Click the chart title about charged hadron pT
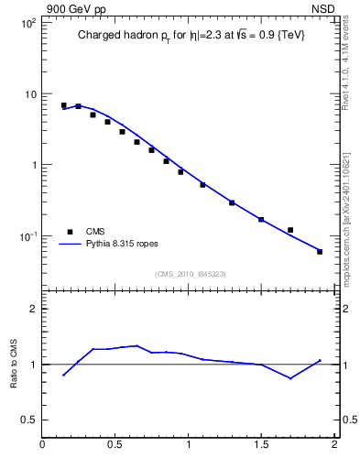(191, 35)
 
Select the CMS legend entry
(97, 232)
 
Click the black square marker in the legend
(70, 232)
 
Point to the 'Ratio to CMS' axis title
(15, 364)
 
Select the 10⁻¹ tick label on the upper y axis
(27, 236)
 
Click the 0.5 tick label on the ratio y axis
(29, 420)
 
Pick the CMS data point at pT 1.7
(290, 230)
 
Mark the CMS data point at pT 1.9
(320, 251)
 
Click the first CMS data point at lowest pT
(63, 105)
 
